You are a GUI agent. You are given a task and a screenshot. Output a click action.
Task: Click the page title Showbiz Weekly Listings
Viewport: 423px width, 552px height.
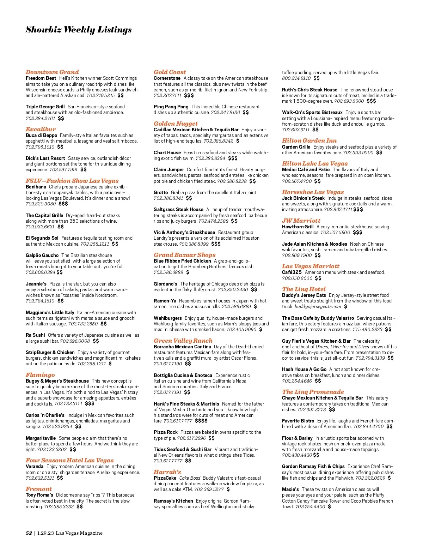pos(79,30)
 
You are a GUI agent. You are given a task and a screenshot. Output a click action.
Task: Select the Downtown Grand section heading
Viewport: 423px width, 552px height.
pos(52,72)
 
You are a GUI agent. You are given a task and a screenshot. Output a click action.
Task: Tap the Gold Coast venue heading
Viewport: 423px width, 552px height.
pos(170,72)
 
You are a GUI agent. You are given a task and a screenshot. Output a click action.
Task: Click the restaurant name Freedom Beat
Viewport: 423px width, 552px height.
pos(41,78)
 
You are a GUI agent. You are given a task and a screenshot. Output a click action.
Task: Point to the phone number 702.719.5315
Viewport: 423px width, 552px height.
pos(100,96)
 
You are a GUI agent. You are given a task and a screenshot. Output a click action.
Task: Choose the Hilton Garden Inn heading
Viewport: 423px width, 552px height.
pos(309,140)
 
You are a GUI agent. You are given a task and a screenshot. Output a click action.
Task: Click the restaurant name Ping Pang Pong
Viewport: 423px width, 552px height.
pos(171,107)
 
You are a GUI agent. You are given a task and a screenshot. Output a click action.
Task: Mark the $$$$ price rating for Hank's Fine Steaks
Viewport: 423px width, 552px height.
pos(201,421)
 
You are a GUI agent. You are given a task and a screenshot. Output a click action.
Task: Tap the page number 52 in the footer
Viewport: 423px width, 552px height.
pos(29,533)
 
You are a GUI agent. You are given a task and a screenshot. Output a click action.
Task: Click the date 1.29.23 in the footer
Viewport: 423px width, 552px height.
pos(45,533)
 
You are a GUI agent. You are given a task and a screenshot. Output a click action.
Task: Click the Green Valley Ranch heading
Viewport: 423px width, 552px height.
pos(183,341)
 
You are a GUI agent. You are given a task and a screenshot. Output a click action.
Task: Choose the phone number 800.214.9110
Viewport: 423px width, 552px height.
pos(296,78)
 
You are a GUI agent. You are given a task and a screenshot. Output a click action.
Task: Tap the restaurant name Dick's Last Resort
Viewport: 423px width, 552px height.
pos(45,158)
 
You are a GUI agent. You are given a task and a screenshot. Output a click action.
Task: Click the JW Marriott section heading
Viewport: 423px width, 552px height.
pos(301,221)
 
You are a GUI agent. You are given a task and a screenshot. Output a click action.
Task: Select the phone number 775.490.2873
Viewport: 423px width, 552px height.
pos(367,330)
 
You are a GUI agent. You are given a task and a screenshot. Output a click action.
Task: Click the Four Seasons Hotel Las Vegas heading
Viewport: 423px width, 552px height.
pos(69,460)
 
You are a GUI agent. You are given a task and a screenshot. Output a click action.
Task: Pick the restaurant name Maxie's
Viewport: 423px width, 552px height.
pos(290,489)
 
